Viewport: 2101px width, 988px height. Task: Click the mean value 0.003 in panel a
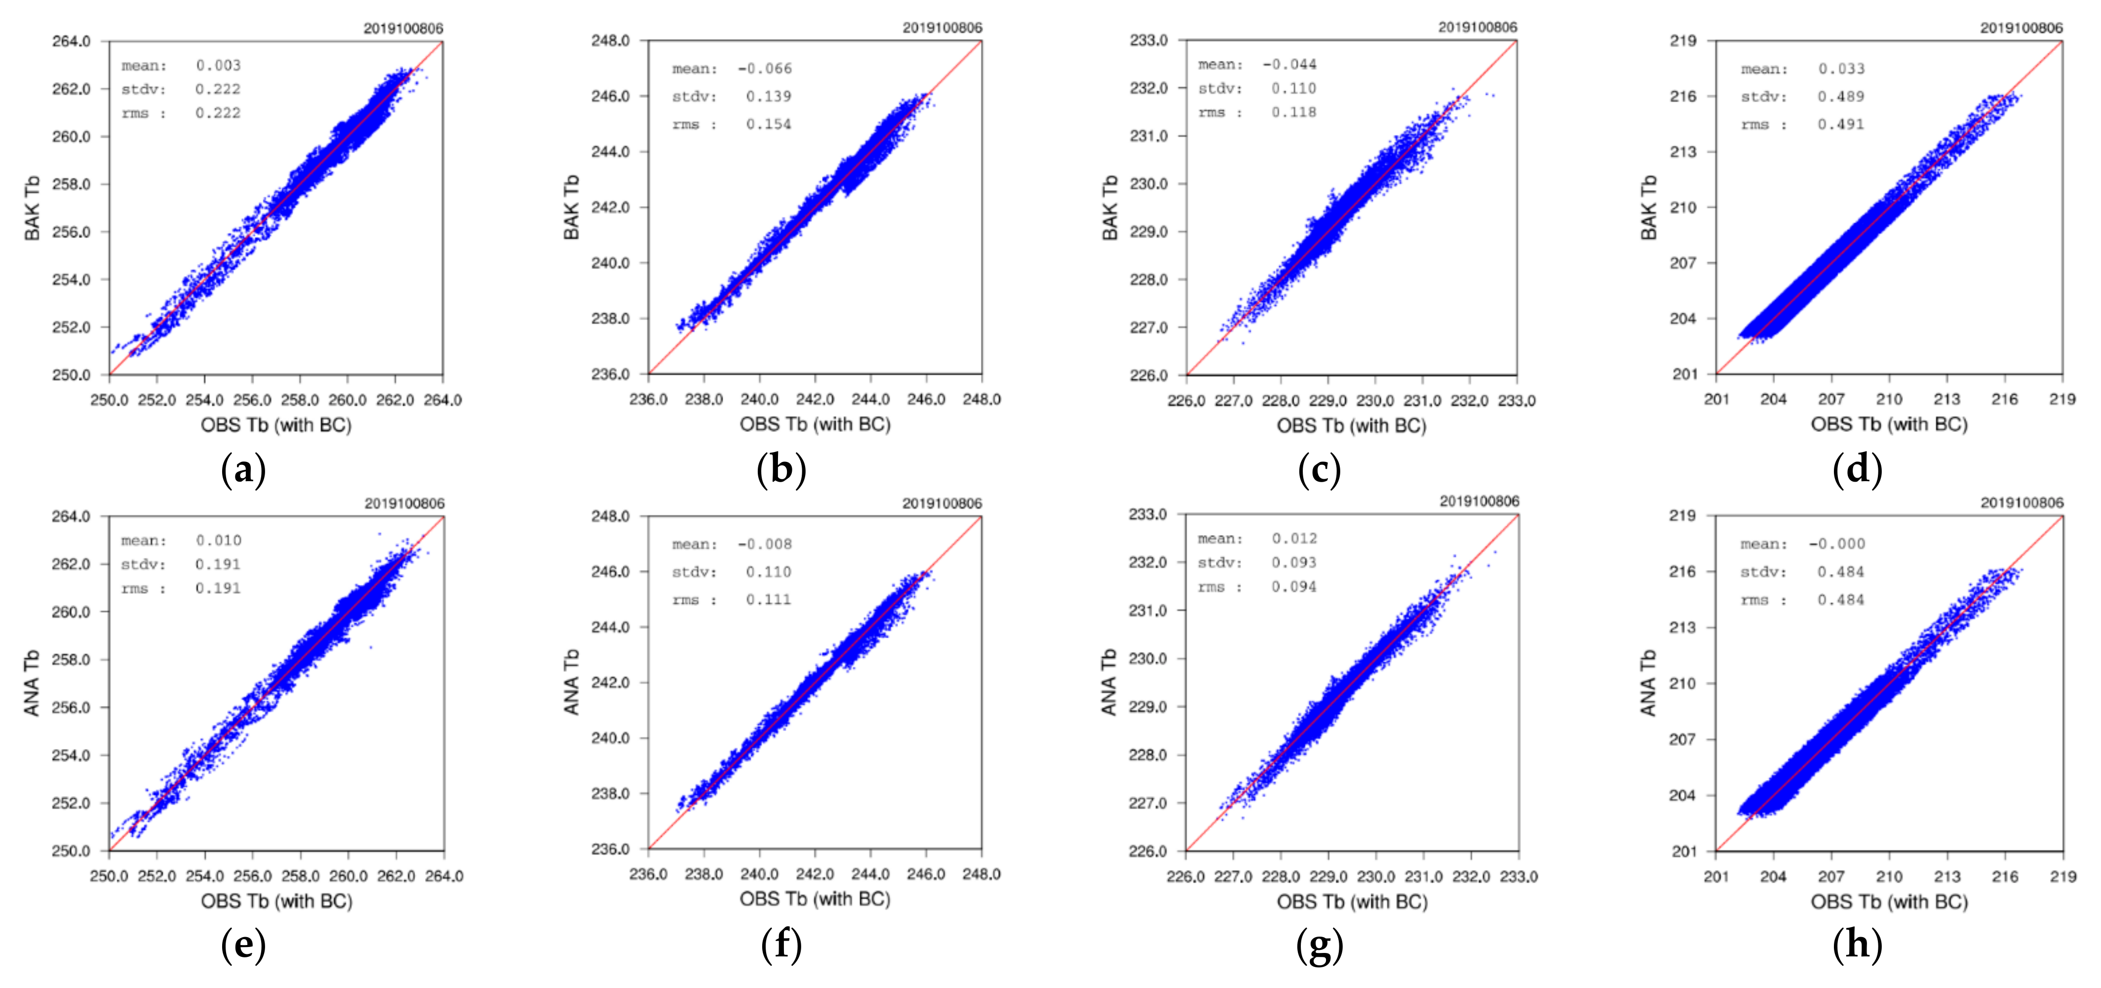pos(218,65)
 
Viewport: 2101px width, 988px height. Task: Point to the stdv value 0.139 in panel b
pos(768,96)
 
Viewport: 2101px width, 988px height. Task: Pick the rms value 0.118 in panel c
pos(1293,112)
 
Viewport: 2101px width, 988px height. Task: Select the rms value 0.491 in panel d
pos(1841,124)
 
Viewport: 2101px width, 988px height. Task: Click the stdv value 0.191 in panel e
pos(218,564)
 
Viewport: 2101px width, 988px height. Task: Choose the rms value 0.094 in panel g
pos(1293,586)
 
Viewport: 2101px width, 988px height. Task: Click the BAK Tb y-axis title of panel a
pos(32,208)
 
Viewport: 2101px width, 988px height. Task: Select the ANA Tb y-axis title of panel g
pos(1108,682)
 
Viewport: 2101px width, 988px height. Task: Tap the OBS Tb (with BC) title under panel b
pos(815,424)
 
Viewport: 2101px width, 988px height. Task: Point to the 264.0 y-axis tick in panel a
pos(71,41)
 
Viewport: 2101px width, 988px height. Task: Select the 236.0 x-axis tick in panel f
pos(648,874)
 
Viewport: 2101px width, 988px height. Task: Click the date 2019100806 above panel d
pos(2021,28)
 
